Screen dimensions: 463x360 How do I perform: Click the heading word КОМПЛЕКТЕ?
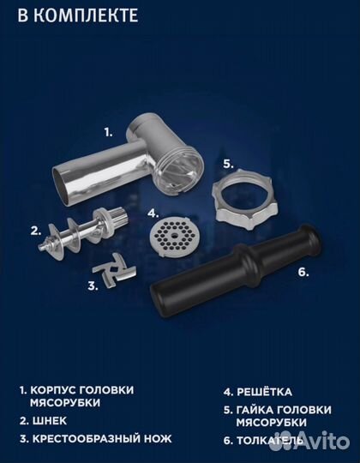click(x=83, y=15)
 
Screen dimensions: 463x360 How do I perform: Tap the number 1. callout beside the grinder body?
click(x=109, y=132)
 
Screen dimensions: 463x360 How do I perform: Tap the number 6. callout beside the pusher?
click(x=301, y=272)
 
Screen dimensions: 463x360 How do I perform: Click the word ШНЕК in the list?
click(x=52, y=420)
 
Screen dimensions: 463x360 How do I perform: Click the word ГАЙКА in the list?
click(x=258, y=408)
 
